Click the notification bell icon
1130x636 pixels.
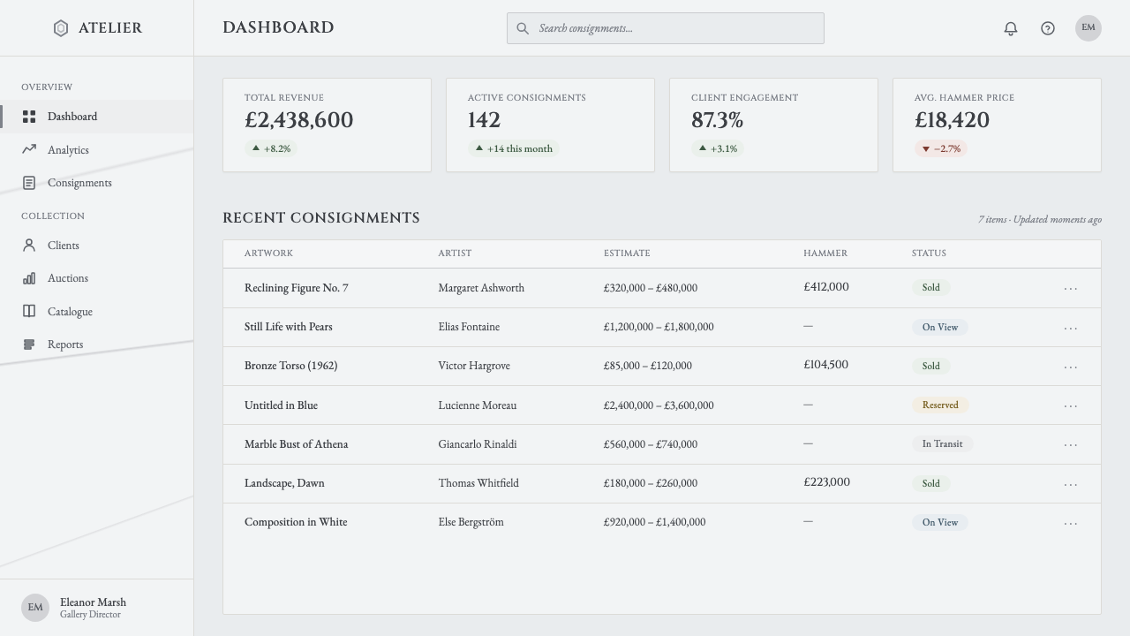click(1011, 28)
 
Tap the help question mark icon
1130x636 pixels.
click(1048, 28)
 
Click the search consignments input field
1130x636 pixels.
click(666, 28)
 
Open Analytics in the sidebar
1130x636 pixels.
click(68, 150)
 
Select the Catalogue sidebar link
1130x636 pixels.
click(70, 312)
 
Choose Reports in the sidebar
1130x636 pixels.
click(65, 344)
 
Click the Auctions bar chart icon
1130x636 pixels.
click(29, 278)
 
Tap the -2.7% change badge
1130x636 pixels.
click(941, 148)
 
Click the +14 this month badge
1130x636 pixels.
click(514, 148)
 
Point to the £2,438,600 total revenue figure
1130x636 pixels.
click(298, 120)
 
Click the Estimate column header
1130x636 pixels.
click(627, 253)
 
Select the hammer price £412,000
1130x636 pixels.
click(826, 287)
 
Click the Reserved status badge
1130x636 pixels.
click(940, 405)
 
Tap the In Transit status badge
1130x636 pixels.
click(942, 443)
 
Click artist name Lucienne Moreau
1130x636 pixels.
click(478, 405)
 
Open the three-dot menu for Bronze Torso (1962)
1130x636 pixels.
click(1071, 367)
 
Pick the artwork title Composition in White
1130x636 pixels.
click(296, 522)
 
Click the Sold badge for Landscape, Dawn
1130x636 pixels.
click(930, 483)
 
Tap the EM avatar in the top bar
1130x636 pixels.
click(1089, 28)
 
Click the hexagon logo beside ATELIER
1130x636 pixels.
click(61, 28)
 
